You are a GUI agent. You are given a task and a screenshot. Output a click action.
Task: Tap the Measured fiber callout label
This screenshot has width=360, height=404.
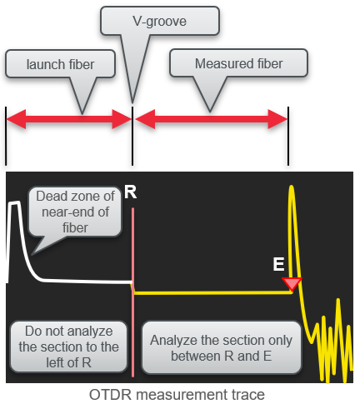[x=238, y=64]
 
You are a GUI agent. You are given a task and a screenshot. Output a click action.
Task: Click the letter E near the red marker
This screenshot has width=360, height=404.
[x=279, y=266]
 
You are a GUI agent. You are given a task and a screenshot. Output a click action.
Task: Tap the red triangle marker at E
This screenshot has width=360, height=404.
[x=292, y=284]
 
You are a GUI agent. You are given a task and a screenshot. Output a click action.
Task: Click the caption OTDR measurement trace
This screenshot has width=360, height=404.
[x=179, y=394]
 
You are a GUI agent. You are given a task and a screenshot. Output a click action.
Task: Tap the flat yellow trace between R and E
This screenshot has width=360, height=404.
[x=208, y=292]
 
